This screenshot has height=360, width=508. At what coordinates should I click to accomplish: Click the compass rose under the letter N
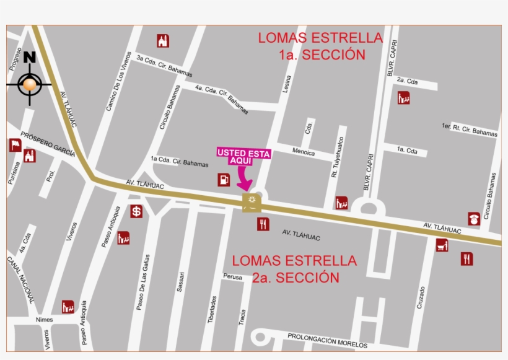[x=29, y=83]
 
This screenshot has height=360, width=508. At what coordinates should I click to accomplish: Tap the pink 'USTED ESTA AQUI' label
[x=243, y=156]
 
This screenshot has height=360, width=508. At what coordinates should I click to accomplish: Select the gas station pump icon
[x=223, y=180]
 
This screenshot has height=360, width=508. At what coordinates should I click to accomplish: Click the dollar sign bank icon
[x=136, y=211]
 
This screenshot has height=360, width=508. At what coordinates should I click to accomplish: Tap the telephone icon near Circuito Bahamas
[x=474, y=219]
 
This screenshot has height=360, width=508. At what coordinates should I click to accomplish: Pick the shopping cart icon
[x=442, y=245]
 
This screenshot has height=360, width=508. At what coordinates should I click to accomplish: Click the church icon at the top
[x=163, y=41]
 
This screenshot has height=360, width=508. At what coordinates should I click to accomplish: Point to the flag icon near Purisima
[x=15, y=146]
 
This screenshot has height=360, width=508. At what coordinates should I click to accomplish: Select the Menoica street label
[x=304, y=152]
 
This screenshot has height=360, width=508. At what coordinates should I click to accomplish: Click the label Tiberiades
[x=214, y=310]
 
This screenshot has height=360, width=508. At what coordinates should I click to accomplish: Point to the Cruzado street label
[x=421, y=297]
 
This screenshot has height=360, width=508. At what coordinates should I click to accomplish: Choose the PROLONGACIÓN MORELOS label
[x=327, y=340]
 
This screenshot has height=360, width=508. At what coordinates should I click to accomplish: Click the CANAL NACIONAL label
[x=20, y=281]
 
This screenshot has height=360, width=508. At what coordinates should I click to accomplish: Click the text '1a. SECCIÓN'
[x=322, y=55]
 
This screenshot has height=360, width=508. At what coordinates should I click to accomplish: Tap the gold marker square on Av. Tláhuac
[x=252, y=201]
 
